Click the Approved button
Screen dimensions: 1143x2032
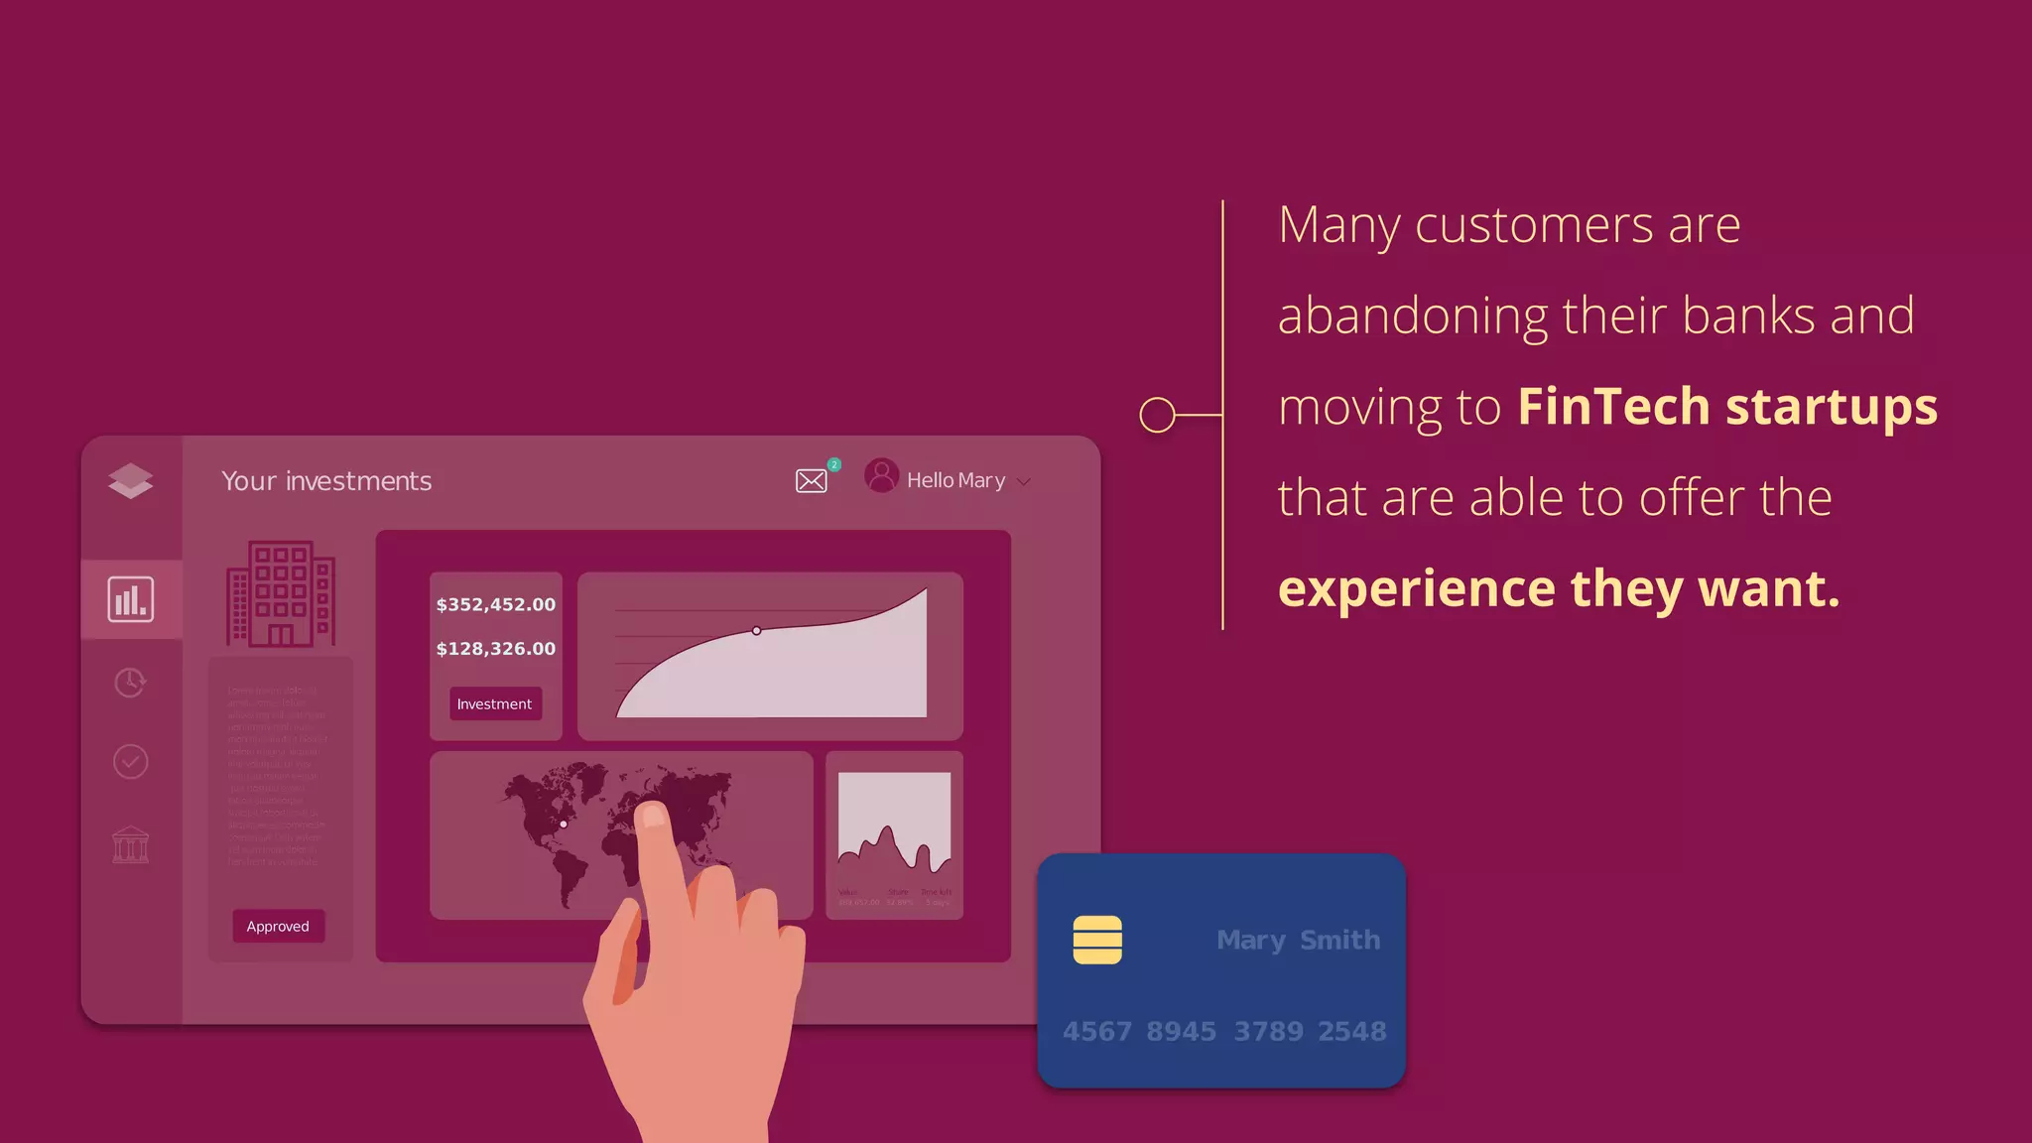point(278,926)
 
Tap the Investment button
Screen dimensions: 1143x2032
point(494,703)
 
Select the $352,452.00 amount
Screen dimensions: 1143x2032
point(495,604)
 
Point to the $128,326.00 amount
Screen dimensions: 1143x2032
point(495,649)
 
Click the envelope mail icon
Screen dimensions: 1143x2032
point(811,481)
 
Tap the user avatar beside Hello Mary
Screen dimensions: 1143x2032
point(881,475)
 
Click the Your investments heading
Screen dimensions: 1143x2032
point(326,481)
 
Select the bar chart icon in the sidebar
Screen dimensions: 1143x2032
point(131,599)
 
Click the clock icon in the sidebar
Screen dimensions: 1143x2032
point(130,683)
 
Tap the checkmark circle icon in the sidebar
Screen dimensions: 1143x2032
point(131,762)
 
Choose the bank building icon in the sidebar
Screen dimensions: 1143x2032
point(131,845)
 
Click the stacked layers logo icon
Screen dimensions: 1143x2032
point(131,480)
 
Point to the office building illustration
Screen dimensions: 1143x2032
point(281,594)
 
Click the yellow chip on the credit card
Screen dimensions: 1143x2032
point(1097,940)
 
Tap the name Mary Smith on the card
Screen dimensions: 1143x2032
point(1298,940)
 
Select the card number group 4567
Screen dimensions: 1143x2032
point(1096,1032)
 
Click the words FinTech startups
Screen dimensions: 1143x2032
point(1726,407)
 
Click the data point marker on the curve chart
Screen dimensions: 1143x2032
point(757,631)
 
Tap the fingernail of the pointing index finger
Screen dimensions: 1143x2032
point(653,816)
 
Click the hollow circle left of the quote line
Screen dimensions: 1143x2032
point(1157,415)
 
